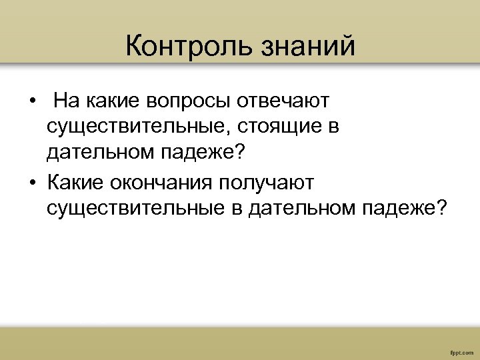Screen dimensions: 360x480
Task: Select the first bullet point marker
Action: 31,102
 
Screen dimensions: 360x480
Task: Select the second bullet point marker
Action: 31,182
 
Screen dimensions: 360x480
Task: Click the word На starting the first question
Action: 67,101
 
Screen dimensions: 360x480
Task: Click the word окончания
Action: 163,181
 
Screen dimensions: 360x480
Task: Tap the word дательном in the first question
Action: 100,154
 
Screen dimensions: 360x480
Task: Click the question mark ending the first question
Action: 239,154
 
